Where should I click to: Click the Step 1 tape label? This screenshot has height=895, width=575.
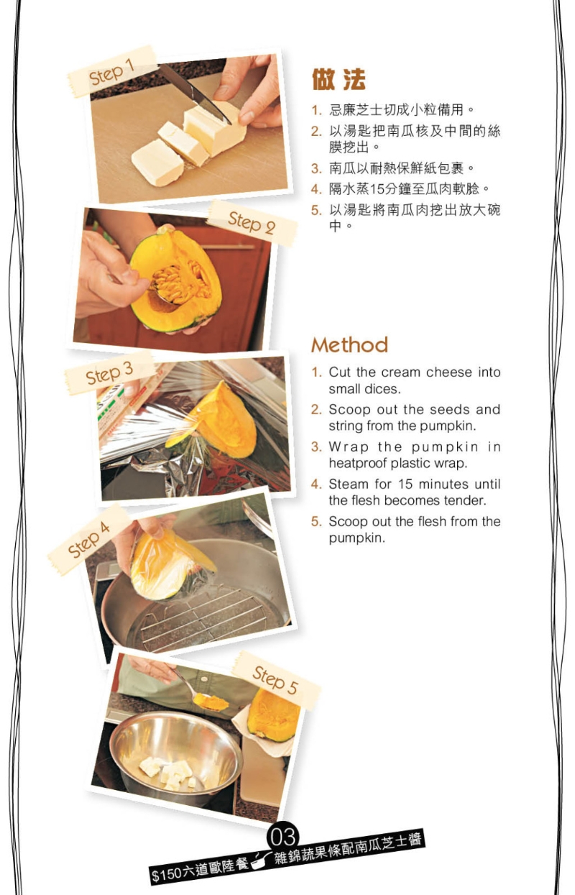pyautogui.click(x=112, y=72)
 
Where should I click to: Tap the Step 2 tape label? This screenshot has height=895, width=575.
pyautogui.click(x=252, y=223)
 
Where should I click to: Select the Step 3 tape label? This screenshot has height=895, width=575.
pyautogui.click(x=109, y=374)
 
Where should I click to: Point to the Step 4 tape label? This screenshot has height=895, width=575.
pyautogui.click(x=89, y=539)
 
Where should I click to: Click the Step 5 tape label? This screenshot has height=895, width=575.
pyautogui.click(x=275, y=679)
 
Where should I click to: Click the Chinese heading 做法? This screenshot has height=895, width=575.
pyautogui.click(x=339, y=79)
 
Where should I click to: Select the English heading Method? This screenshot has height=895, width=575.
pyautogui.click(x=349, y=345)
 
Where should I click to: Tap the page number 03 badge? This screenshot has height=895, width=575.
pyautogui.click(x=282, y=837)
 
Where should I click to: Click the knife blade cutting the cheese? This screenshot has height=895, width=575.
pyautogui.click(x=188, y=90)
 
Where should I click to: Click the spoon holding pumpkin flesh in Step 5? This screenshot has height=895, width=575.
pyautogui.click(x=205, y=699)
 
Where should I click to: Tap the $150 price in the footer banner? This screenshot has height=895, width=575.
pyautogui.click(x=166, y=874)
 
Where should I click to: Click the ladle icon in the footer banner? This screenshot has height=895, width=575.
pyautogui.click(x=261, y=857)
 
